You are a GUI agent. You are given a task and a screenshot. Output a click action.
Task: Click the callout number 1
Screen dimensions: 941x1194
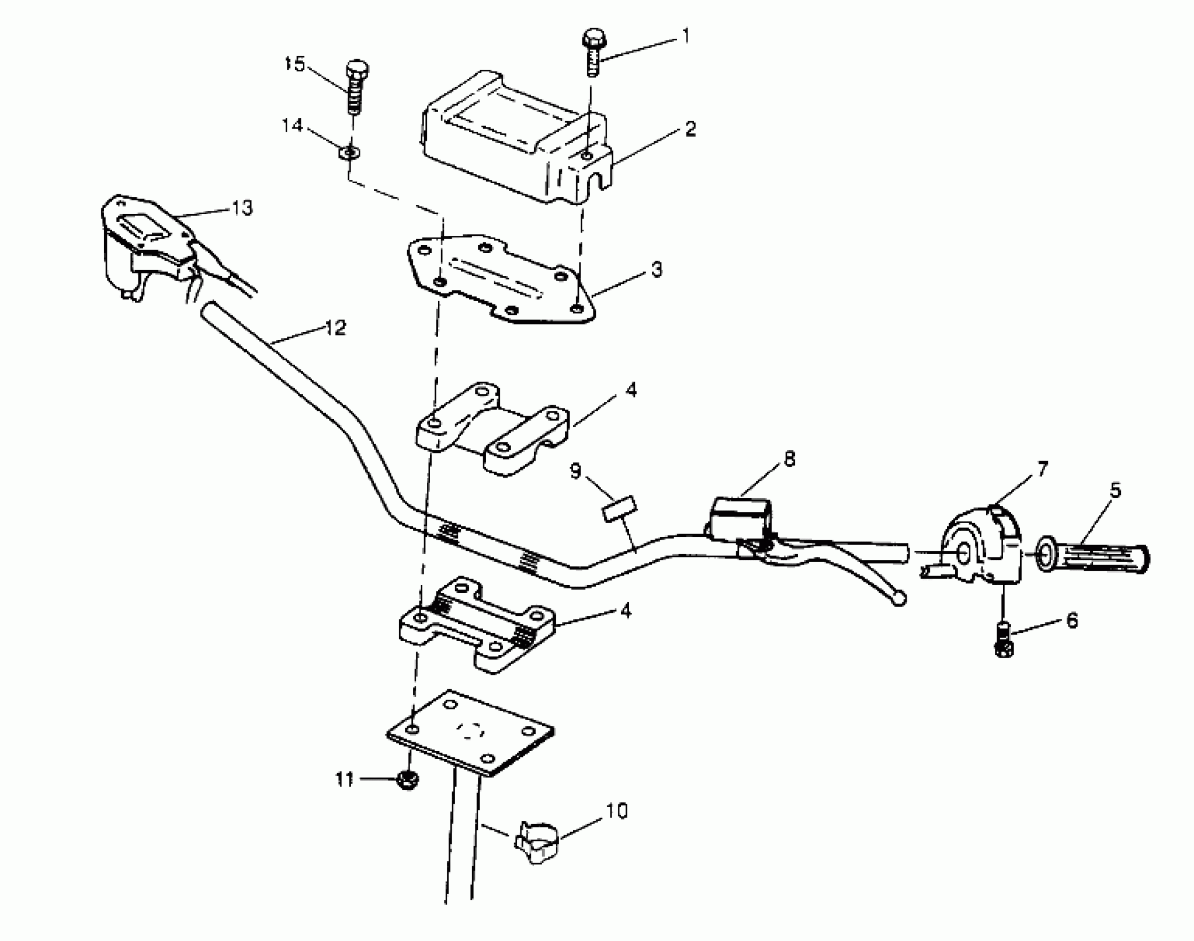pos(686,37)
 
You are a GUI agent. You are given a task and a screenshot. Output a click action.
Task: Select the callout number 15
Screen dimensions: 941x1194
pos(295,64)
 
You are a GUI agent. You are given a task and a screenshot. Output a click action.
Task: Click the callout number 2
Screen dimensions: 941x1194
pos(689,130)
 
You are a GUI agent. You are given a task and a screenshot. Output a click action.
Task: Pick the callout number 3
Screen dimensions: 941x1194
pos(655,270)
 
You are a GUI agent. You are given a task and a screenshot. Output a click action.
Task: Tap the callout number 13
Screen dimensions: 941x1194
pos(241,208)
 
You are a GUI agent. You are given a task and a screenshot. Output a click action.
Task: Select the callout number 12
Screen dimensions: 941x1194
pos(335,328)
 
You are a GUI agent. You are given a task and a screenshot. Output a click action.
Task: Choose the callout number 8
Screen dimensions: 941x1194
pos(789,459)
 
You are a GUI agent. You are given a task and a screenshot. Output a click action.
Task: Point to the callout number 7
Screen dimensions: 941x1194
pos(1042,469)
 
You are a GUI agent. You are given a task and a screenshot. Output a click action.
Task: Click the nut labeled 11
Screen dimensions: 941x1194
pos(408,780)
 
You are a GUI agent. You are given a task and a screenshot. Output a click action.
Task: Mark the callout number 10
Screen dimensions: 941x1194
pos(617,811)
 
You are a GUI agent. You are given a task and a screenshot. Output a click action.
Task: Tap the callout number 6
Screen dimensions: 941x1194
pos(1072,621)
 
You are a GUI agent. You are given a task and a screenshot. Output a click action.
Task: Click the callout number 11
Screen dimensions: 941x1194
pos(344,780)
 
